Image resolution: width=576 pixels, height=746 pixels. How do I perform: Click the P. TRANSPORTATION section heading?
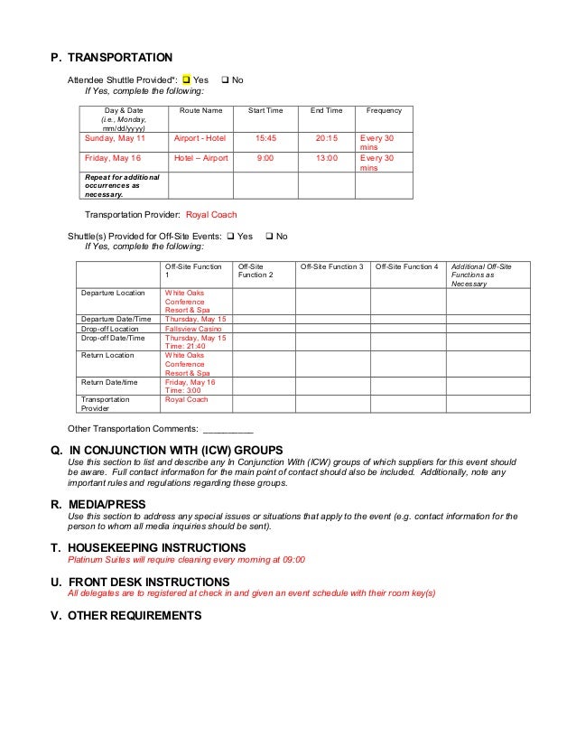point(112,58)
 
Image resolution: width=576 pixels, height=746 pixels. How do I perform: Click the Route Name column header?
point(200,111)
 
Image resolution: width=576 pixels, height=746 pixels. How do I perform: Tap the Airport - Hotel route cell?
point(200,140)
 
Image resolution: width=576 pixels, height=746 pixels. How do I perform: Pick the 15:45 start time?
point(265,140)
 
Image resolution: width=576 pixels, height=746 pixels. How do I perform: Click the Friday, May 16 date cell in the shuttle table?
point(113,157)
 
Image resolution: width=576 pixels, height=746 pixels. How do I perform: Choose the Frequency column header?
point(384,111)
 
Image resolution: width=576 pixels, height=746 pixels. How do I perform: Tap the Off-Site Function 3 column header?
point(331,267)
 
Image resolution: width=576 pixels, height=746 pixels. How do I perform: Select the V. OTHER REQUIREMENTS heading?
point(125,616)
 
